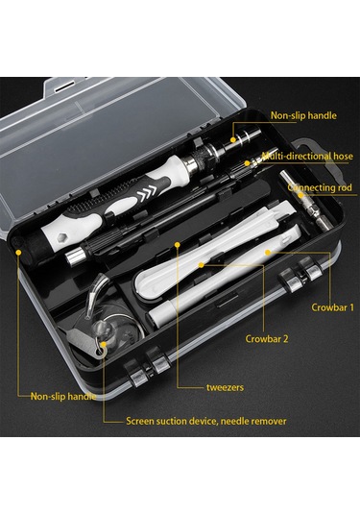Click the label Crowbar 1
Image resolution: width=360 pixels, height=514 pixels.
pyautogui.click(x=332, y=307)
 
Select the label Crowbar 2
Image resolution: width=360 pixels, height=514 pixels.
pyautogui.click(x=267, y=338)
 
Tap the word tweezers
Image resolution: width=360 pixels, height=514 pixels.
pyautogui.click(x=225, y=387)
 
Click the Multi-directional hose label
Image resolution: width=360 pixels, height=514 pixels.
pyautogui.click(x=307, y=156)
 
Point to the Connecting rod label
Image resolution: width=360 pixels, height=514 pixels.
pyautogui.click(x=320, y=187)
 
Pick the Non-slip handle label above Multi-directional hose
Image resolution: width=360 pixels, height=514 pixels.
pyautogui.click(x=303, y=115)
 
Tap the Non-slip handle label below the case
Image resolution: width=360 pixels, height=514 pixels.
pyautogui.click(x=63, y=397)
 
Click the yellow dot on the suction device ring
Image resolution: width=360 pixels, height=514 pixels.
pyautogui.click(x=104, y=345)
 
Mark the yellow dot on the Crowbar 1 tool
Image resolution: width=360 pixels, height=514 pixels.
pyautogui.click(x=268, y=252)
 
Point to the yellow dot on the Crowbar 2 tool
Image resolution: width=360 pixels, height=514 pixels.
pyautogui.click(x=202, y=264)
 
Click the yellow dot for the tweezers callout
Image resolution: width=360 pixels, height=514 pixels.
pyautogui.click(x=178, y=245)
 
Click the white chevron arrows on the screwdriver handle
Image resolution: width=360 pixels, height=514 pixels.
pyautogui.click(x=147, y=193)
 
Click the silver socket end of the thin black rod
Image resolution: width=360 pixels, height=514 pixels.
pyautogui.click(x=74, y=257)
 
